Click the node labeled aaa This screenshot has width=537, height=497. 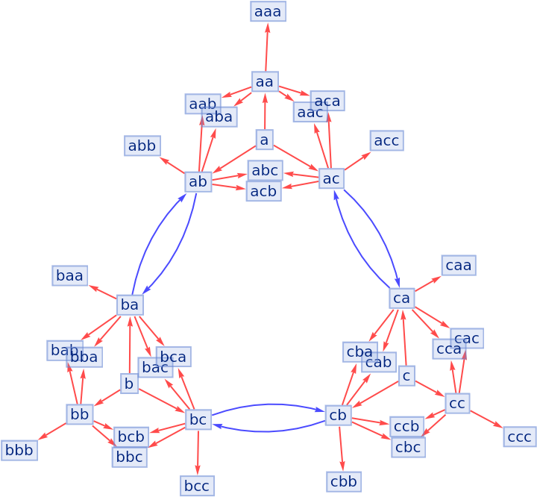(268, 11)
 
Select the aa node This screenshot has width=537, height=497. (265, 81)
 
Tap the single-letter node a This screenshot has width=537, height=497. (264, 140)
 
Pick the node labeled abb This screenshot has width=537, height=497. (142, 146)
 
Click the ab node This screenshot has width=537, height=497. (198, 181)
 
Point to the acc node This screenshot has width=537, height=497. (386, 140)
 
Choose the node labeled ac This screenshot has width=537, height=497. (331, 178)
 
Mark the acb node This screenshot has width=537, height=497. (263, 191)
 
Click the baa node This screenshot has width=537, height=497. (70, 275)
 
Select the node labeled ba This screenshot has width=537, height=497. (130, 304)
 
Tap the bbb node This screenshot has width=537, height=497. (19, 450)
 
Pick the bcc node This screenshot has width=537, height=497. (197, 487)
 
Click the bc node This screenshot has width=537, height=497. (198, 419)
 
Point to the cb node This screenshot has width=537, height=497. (338, 415)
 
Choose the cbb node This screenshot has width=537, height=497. (344, 481)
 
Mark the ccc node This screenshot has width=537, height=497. (519, 437)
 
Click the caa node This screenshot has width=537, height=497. (458, 265)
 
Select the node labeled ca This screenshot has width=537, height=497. (401, 298)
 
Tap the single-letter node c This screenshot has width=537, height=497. (406, 376)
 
